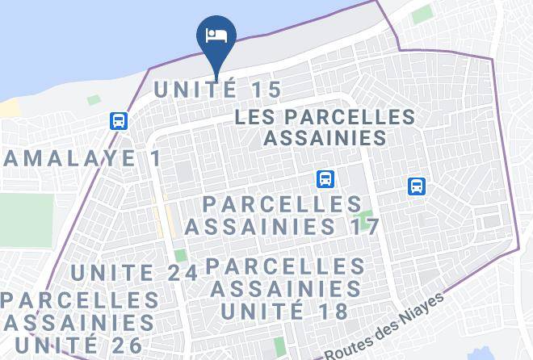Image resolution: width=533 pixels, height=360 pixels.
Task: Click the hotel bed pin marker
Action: pyautogui.click(x=216, y=36)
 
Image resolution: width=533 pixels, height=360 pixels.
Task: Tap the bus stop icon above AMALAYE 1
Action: pyautogui.click(x=119, y=121)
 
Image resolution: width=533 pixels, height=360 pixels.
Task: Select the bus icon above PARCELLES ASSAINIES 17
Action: pyautogui.click(x=325, y=179)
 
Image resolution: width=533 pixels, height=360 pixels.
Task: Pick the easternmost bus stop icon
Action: pyautogui.click(x=417, y=186)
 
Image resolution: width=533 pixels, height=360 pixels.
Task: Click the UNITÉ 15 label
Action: pyautogui.click(x=217, y=90)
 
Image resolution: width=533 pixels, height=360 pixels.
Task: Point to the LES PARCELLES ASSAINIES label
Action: pyautogui.click(x=325, y=128)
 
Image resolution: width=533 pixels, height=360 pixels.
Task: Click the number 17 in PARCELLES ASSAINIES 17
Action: pyautogui.click(x=364, y=227)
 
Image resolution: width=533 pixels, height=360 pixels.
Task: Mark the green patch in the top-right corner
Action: pyautogui.click(x=422, y=15)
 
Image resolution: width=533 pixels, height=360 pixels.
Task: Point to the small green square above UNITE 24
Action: pyautogui.click(x=179, y=256)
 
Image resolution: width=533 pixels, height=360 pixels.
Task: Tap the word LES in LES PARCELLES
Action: pyautogui.click(x=252, y=117)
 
